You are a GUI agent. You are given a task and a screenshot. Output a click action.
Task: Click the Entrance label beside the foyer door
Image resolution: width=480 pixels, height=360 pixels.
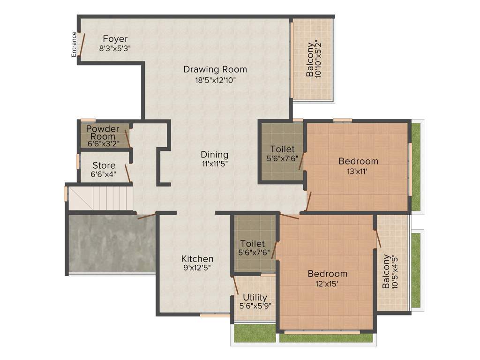pos(74,44)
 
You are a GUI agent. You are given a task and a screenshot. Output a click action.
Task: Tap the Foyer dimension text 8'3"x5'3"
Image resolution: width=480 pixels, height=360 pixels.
pos(115,48)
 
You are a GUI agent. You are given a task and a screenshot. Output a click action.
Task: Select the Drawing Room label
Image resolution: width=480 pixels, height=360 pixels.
pos(215,69)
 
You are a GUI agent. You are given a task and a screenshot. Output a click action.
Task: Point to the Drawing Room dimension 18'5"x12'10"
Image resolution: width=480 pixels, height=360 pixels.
pos(215,80)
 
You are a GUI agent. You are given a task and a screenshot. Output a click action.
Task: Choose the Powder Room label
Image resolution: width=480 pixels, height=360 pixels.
pos(103,132)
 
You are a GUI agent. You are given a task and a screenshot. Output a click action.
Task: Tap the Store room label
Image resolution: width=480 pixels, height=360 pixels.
pos(104,165)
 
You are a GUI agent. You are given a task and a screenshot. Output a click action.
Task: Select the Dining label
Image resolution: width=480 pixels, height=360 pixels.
pos(214,154)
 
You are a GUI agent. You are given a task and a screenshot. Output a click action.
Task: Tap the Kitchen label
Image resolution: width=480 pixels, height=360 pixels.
pos(197,258)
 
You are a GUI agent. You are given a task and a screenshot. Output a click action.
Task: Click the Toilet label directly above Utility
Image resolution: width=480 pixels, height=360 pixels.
pos(253,244)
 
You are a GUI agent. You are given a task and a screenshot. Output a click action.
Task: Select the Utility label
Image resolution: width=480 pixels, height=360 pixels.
pos(255,297)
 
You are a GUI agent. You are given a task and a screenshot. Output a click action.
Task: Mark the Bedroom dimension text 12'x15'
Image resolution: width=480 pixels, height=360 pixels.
pos(327,284)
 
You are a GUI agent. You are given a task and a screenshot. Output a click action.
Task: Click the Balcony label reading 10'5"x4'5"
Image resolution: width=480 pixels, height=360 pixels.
pos(389,271)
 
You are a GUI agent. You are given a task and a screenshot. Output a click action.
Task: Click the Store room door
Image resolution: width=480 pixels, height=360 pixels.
pos(127,173)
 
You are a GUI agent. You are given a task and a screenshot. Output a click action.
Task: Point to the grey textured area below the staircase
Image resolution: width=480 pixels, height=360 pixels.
pos(111,244)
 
